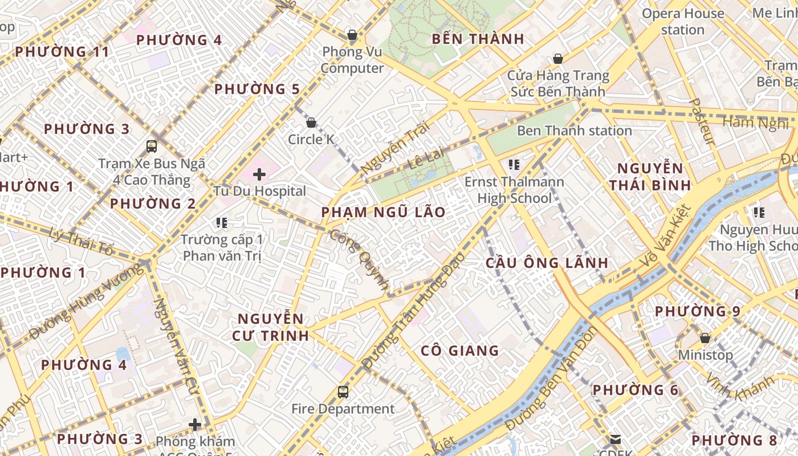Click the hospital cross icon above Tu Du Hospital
click(x=259, y=174)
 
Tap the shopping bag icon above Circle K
click(x=311, y=122)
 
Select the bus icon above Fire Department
click(x=343, y=392)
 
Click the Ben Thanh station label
click(x=574, y=131)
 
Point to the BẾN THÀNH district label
click(x=478, y=39)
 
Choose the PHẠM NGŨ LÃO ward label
click(x=383, y=212)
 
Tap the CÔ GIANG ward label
click(x=459, y=351)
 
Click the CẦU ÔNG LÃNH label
click(x=547, y=263)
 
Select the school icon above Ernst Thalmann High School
click(x=514, y=165)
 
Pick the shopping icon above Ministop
click(x=705, y=338)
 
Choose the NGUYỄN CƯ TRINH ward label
click(x=270, y=327)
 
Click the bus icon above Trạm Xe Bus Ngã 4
click(x=152, y=146)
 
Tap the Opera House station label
click(x=683, y=21)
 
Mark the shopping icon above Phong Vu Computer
click(x=352, y=35)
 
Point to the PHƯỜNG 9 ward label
click(x=697, y=311)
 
